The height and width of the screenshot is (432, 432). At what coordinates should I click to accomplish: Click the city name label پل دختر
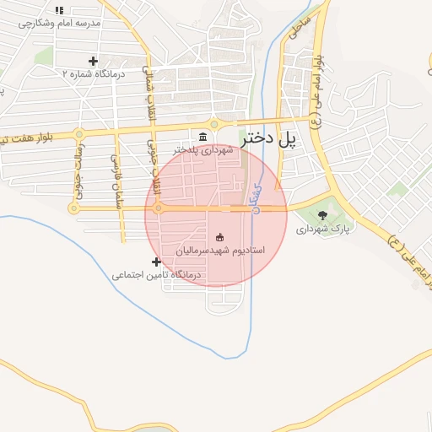[270, 140]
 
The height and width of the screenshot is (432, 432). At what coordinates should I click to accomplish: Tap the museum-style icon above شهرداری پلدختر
[202, 138]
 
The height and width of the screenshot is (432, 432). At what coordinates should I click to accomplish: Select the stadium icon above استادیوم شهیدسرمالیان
[220, 238]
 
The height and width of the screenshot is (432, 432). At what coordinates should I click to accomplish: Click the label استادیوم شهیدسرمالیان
[220, 251]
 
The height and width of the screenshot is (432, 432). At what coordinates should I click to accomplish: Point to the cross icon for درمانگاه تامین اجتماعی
[156, 262]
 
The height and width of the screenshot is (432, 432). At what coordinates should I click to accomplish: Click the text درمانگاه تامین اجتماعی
[157, 275]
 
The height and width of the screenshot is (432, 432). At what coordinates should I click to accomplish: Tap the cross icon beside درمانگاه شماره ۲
[93, 61]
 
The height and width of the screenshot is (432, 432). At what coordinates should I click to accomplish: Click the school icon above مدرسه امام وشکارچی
[59, 10]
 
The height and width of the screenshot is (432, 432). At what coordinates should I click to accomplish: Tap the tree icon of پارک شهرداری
[322, 214]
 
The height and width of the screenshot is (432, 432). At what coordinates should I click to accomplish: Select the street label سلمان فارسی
[116, 174]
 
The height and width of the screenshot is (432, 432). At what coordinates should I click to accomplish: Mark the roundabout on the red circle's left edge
[157, 208]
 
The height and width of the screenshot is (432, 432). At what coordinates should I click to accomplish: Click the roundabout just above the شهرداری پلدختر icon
[213, 125]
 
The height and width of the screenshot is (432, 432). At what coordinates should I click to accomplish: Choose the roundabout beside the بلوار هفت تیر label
[79, 133]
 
